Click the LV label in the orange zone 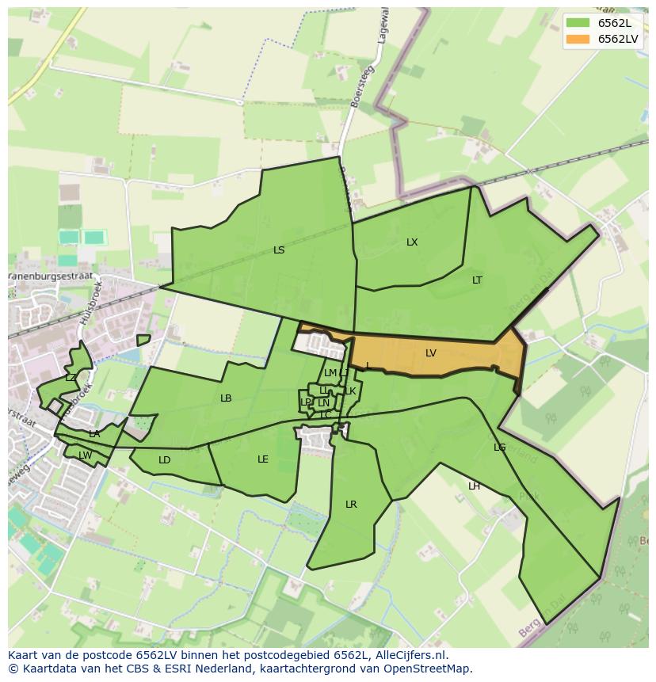click(430, 353)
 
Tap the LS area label click(279, 250)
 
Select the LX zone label click(412, 242)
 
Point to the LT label click(477, 280)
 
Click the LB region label click(226, 398)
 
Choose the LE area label click(263, 459)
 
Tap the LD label click(164, 460)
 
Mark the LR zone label click(351, 505)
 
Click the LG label click(499, 448)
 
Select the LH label click(474, 486)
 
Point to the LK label click(350, 391)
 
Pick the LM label click(330, 373)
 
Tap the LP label click(306, 402)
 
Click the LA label click(94, 434)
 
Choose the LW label click(85, 455)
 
